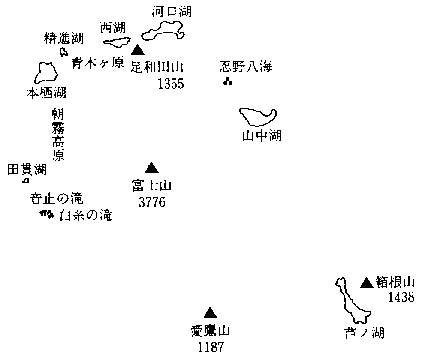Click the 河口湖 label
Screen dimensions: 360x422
(x=172, y=12)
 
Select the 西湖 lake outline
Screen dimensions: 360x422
(x=117, y=42)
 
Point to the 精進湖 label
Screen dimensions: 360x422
(x=64, y=39)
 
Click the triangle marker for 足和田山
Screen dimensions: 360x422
(x=137, y=50)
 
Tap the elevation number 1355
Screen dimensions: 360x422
(x=170, y=83)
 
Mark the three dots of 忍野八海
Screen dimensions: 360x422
(x=228, y=81)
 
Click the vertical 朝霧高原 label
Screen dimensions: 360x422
(x=58, y=134)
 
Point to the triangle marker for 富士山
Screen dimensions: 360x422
(x=151, y=168)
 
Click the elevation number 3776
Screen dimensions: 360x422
(x=152, y=202)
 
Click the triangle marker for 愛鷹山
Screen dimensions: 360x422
(x=210, y=313)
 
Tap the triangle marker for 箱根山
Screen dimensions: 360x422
(x=366, y=282)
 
